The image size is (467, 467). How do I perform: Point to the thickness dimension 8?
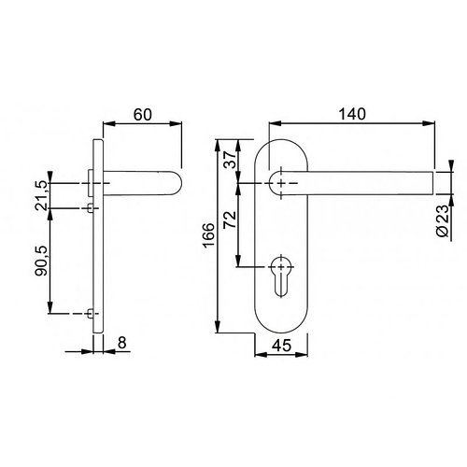(x=121, y=344)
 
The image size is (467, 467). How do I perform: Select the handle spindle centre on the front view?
(x=279, y=183)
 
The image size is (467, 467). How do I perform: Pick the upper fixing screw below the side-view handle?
(x=90, y=205)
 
